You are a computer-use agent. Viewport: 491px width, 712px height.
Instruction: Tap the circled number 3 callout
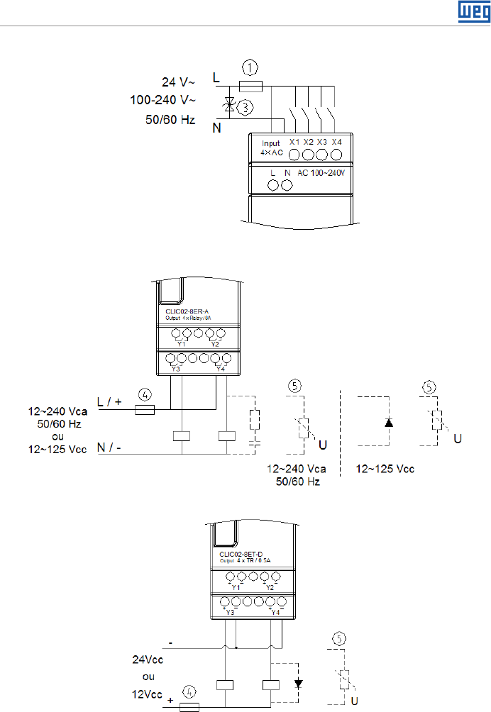[245, 108]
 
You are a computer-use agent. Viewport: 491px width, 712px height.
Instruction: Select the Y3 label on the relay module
[175, 369]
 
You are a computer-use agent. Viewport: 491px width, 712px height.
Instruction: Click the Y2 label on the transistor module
[269, 587]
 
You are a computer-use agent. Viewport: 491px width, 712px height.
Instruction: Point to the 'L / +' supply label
[111, 401]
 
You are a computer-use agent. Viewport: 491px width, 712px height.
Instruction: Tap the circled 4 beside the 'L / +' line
[145, 394]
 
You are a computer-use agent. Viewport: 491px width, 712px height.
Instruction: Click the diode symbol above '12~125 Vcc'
[388, 423]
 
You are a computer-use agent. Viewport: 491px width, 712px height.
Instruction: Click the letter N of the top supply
[216, 129]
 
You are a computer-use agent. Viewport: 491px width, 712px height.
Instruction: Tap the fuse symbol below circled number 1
[252, 85]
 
